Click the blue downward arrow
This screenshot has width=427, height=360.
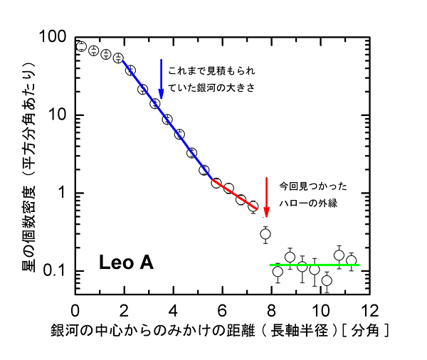(x=162, y=78)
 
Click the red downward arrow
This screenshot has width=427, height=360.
(x=267, y=197)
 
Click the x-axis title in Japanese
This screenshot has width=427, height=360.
(x=218, y=332)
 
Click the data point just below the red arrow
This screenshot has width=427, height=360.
(x=265, y=234)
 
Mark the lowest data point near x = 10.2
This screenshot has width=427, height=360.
(x=327, y=280)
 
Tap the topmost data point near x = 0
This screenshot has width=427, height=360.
(x=80, y=46)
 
